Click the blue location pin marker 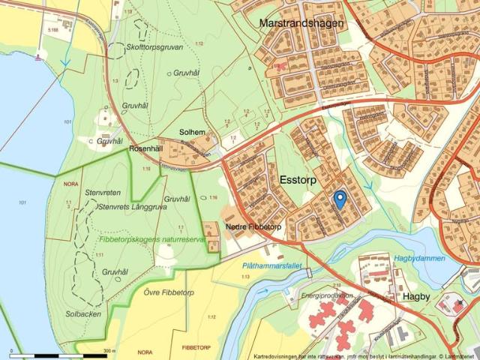pos(339,199)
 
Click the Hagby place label pos(416,296)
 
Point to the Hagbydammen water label pos(419,258)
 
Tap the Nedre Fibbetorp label pos(253,226)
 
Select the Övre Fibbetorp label pos(170,292)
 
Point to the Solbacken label pos(83,313)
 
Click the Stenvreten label pos(103,193)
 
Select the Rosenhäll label pos(145,148)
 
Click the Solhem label pos(192,132)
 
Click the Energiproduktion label pos(326,295)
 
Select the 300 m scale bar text pos(109,350)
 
